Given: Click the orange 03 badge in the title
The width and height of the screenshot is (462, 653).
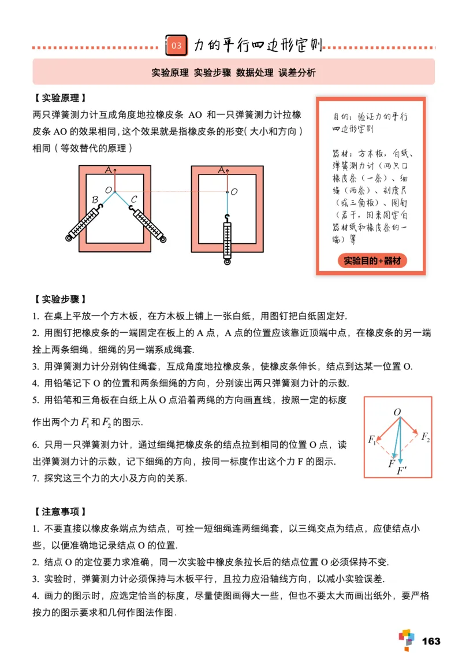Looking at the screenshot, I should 177,45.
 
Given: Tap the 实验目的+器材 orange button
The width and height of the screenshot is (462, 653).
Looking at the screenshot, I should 372,261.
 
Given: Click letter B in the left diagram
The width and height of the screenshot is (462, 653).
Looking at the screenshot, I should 95,200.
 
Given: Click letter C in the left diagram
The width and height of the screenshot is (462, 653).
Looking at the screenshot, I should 133,199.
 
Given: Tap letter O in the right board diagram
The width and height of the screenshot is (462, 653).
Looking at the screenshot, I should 234,191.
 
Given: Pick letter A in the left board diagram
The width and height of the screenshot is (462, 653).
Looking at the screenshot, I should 108,170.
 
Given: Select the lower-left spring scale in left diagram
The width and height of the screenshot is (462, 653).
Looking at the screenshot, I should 87,222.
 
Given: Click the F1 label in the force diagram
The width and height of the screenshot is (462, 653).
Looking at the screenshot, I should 371,440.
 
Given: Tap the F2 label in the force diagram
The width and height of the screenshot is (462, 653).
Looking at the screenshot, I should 425,437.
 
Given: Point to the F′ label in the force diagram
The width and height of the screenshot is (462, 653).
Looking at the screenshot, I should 402,472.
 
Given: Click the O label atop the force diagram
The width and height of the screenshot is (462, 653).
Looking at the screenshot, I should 397,412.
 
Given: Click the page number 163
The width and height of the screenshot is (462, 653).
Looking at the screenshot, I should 431,641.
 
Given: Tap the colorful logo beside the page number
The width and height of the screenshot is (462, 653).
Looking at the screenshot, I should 407,639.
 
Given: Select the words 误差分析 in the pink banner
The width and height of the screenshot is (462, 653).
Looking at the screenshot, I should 297,73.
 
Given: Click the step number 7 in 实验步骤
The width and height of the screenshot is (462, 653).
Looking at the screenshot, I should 35,479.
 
